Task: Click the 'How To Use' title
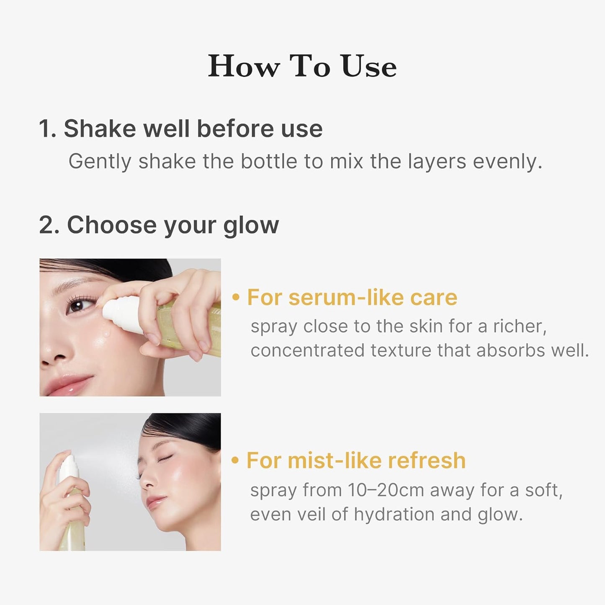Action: [302, 66]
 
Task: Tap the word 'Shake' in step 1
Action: [100, 129]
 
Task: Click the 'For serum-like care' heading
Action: [352, 297]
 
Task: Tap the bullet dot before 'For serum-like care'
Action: [236, 298]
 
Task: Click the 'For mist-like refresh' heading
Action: [356, 460]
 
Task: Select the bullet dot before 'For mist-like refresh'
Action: [235, 461]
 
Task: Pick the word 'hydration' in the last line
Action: [394, 514]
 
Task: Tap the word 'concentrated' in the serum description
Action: [307, 350]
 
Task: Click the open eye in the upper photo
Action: [77, 306]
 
